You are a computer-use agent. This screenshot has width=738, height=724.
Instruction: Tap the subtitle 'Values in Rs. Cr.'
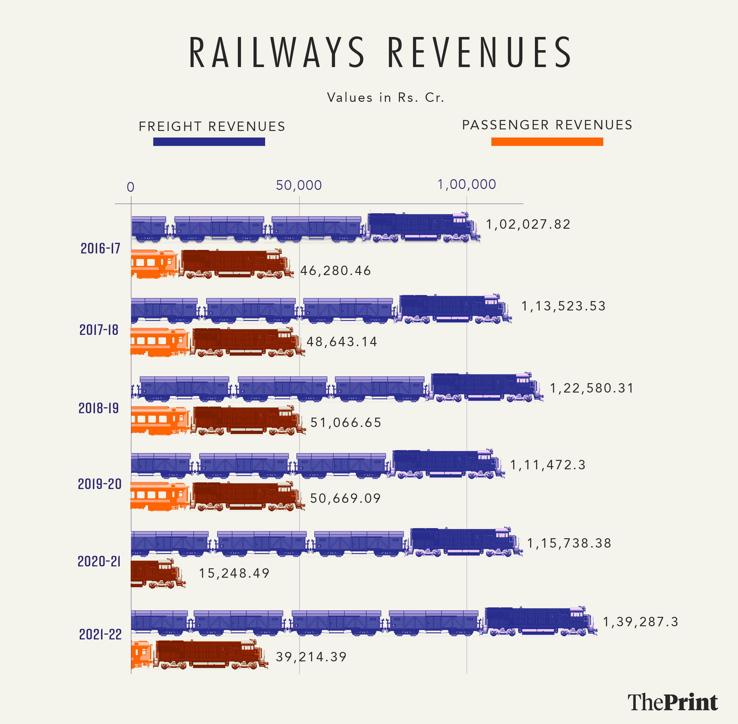coord(385,97)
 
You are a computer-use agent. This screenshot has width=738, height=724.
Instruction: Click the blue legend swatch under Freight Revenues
coord(209,142)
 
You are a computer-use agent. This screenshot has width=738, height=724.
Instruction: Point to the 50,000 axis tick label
coord(299,185)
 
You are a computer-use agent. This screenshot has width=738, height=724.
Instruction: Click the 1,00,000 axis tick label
coord(466,185)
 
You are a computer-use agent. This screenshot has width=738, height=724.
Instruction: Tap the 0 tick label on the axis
coord(130,187)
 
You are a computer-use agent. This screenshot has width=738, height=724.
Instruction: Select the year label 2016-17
coord(100,248)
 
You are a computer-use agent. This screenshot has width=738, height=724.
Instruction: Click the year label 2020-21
coord(99,561)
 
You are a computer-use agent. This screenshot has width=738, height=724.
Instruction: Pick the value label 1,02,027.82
coord(528,224)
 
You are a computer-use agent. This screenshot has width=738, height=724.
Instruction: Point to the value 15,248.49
coord(234,573)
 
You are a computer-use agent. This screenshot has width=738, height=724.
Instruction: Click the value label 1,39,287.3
coord(641,622)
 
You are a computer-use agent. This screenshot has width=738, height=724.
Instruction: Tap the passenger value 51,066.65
coord(346,422)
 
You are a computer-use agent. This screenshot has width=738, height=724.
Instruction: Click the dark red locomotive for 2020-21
coord(157,573)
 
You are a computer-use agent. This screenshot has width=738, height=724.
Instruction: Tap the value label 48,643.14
coord(342,341)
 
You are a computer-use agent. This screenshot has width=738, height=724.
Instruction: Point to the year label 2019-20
coord(100,484)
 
